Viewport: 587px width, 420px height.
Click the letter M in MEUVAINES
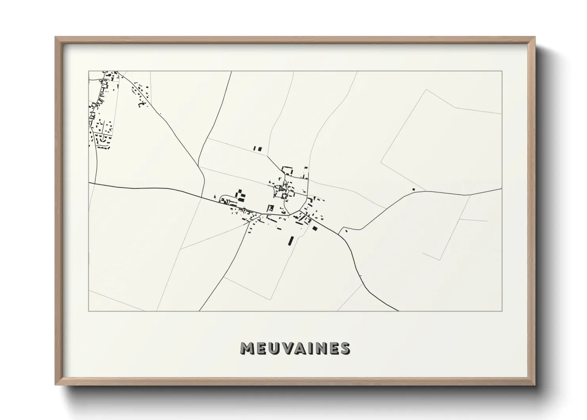(248, 348)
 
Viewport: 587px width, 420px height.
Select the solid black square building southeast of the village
(315, 228)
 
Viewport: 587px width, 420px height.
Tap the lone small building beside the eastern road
(413, 189)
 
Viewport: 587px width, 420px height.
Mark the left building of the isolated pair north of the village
(255, 149)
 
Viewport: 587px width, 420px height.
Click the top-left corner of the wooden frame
(56, 37)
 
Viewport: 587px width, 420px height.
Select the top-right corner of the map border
(502, 71)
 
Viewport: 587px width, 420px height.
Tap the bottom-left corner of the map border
(89, 311)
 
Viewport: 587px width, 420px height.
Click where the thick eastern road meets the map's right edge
(502, 189)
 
